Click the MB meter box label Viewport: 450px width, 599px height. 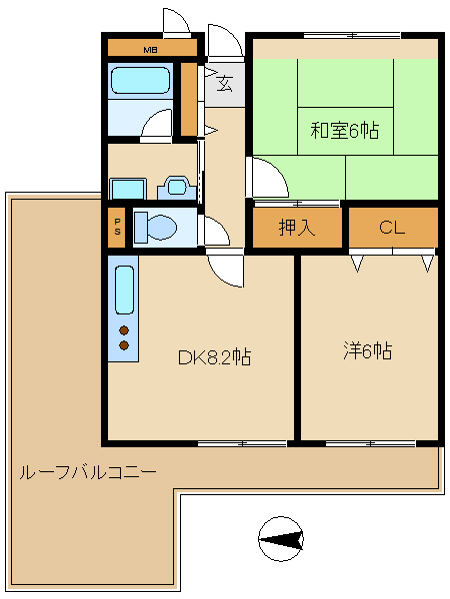tap(150, 50)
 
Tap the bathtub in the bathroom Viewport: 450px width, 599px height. tap(140, 80)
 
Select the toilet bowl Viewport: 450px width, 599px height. tap(156, 228)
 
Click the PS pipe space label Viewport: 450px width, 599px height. tap(117, 227)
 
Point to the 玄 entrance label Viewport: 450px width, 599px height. tap(225, 84)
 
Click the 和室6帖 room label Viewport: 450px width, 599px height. tap(345, 130)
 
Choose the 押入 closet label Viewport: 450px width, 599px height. tap(297, 228)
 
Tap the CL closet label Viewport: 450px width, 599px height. tap(392, 228)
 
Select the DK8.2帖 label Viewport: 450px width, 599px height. tap(215, 357)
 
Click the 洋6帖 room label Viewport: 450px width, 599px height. tap(368, 350)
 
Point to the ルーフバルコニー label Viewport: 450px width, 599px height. tap(88, 472)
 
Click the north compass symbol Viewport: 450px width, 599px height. tap(281, 539)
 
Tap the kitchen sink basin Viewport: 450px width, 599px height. tap(124, 290)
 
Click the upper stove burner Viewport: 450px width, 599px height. tap(124, 330)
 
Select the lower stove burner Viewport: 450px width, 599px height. tap(124, 345)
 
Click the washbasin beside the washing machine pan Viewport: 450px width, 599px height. tap(177, 188)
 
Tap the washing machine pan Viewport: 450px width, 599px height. tap(128, 189)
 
